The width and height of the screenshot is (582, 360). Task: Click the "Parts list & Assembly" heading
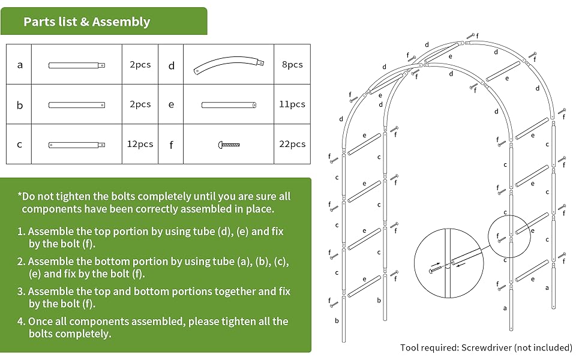coord(86,22)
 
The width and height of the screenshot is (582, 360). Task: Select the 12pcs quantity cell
coord(140,144)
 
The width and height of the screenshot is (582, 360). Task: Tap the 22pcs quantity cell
coord(292,144)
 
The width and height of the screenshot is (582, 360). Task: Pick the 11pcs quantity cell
coord(292,104)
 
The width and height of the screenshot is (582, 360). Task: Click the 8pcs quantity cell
coord(292,64)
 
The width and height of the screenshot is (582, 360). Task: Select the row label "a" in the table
coord(20,64)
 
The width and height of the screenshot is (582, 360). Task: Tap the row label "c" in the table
coord(20,144)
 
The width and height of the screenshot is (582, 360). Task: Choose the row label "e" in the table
coord(172,104)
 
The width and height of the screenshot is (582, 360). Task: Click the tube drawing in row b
coord(77,105)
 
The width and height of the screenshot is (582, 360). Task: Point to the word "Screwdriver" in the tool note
coord(485,347)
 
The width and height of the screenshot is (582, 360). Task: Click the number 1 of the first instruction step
coord(20,231)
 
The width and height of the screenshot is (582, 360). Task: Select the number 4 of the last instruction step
coord(21,322)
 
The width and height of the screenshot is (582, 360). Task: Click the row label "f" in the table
coord(172,144)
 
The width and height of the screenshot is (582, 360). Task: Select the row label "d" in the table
coord(172,65)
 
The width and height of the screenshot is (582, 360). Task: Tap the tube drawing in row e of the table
coord(229,105)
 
